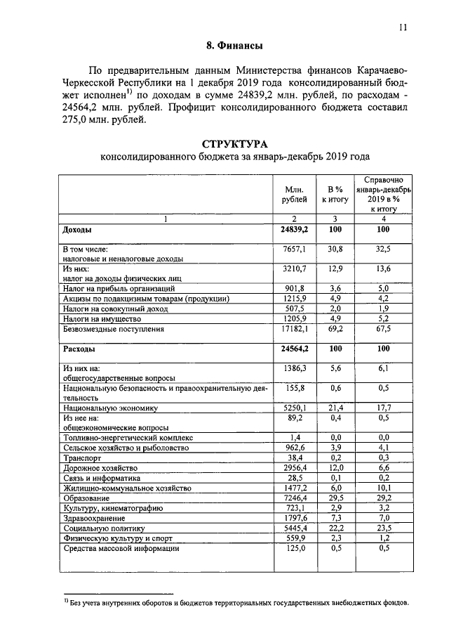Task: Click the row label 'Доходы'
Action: (x=77, y=230)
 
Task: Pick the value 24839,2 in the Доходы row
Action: (x=295, y=230)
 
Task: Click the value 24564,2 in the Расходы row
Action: (x=295, y=349)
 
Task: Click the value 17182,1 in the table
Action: (x=295, y=328)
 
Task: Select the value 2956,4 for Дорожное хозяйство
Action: (x=295, y=467)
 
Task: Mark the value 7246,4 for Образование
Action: (x=295, y=498)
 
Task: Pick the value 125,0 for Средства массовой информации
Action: (x=295, y=548)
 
